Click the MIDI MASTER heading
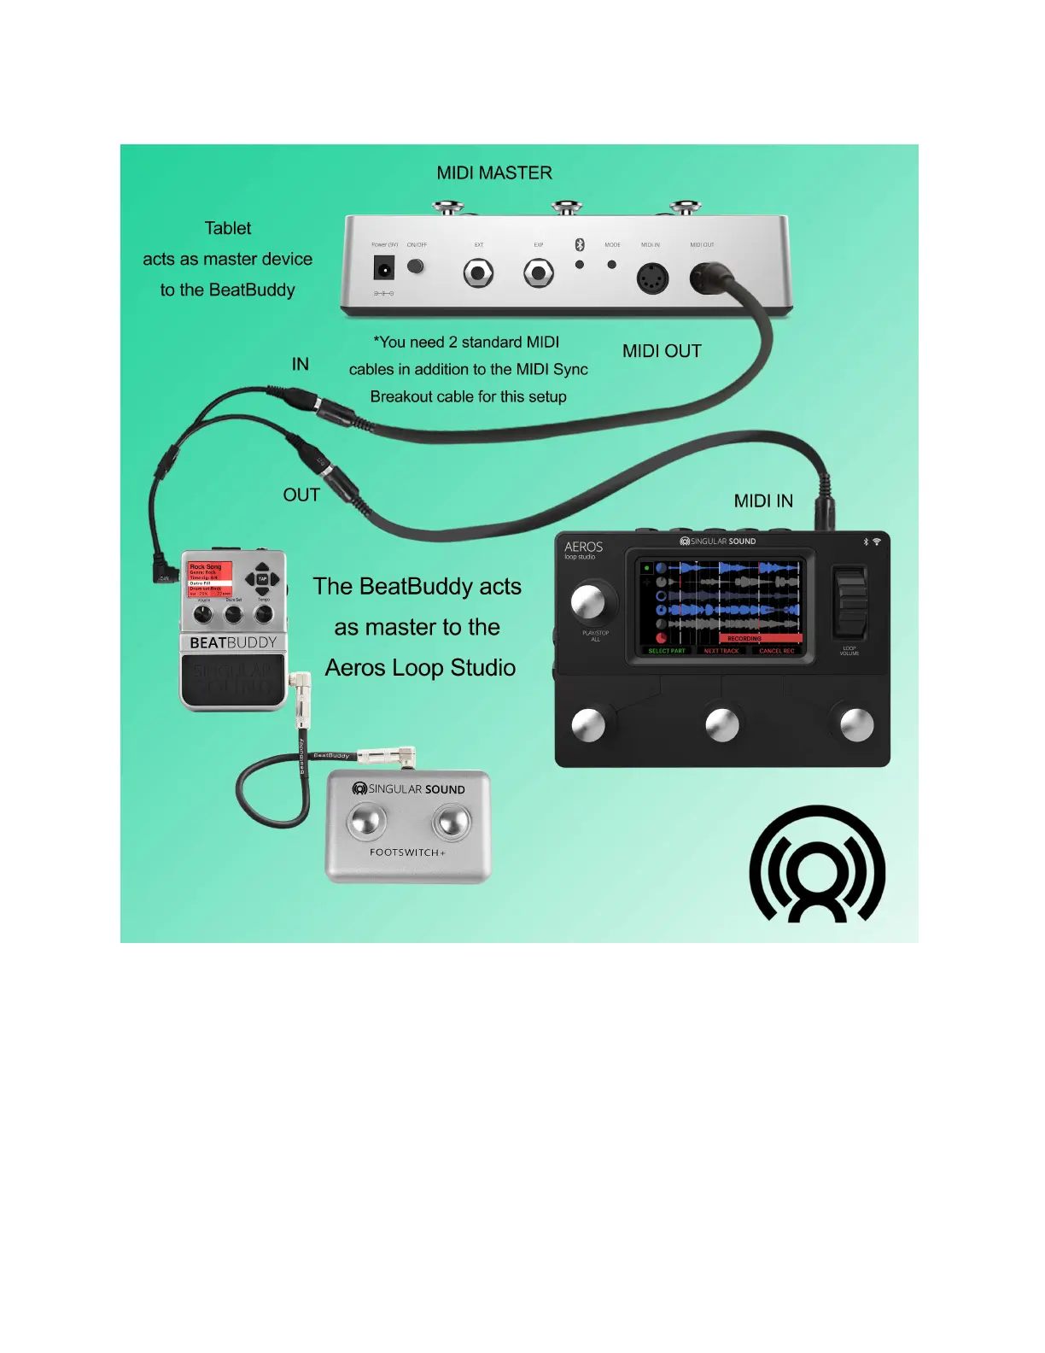click(x=494, y=173)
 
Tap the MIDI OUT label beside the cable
click(x=662, y=351)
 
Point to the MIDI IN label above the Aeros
click(x=763, y=501)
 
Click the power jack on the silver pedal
click(x=384, y=270)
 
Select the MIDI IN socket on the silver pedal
click(x=652, y=278)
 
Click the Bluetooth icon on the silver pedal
click(x=580, y=245)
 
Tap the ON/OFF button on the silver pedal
click(x=416, y=266)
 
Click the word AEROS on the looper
click(x=584, y=547)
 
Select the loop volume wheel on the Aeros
click(x=850, y=602)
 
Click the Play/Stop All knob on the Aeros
click(x=588, y=601)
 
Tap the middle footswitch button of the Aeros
click(x=722, y=725)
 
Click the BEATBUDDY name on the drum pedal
click(x=233, y=643)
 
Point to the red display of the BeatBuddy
click(x=210, y=579)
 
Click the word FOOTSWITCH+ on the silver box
click(x=407, y=852)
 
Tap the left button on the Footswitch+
click(x=365, y=822)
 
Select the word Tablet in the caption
click(x=228, y=229)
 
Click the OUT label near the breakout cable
click(x=301, y=495)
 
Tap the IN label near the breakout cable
click(x=300, y=365)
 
